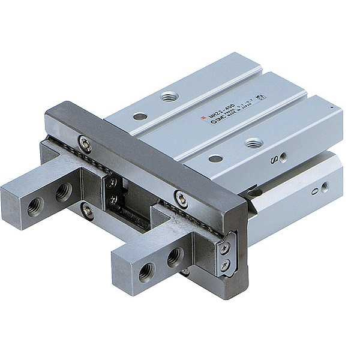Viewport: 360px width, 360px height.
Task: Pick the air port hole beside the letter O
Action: (325, 187)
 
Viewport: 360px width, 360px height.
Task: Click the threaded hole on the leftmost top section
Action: (170, 96)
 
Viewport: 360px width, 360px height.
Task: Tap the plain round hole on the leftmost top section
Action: (140, 116)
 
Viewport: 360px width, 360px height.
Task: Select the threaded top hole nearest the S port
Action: (254, 143)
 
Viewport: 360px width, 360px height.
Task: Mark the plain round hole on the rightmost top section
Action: (215, 159)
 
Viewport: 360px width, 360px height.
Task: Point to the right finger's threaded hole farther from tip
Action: (175, 257)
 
